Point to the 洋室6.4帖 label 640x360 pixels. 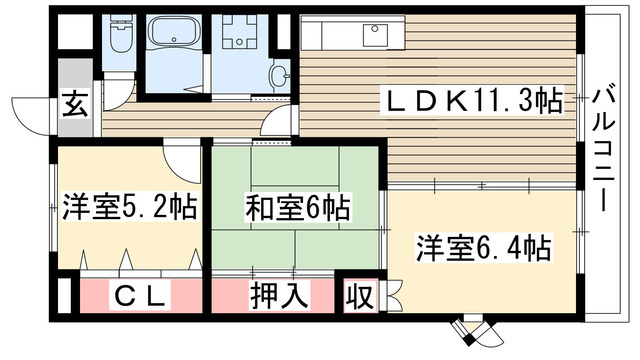[485, 246]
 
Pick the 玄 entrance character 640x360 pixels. [75, 103]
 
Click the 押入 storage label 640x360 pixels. [273, 296]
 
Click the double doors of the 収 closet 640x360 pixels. [392, 297]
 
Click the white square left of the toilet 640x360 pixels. [73, 36]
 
